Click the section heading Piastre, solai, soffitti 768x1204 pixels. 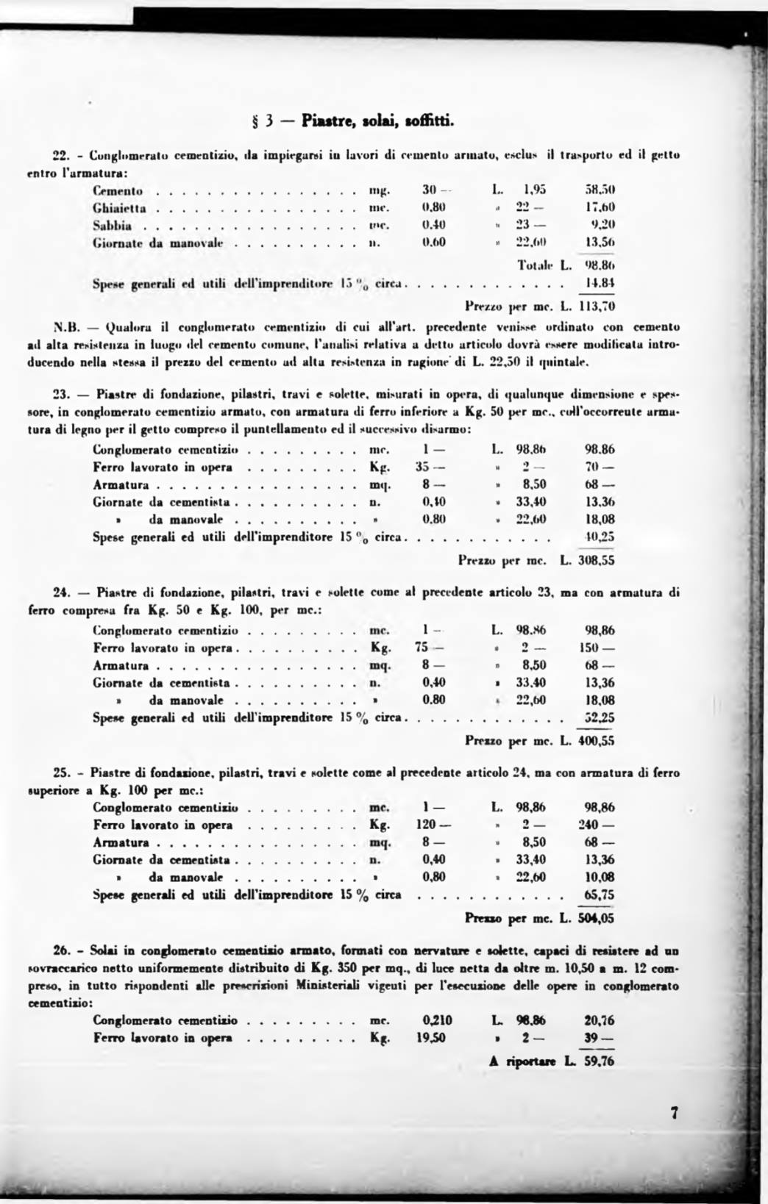378,120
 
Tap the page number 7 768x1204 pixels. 674,1113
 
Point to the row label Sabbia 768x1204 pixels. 113,225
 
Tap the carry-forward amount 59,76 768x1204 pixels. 599,1061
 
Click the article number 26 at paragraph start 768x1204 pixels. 61,951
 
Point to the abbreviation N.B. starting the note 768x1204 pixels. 68,326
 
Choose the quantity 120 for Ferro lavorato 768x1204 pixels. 426,825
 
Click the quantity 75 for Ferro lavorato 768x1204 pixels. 422,648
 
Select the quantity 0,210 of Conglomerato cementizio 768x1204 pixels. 437,1020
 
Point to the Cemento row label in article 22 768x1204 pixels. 118,191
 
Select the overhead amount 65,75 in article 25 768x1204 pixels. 599,895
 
